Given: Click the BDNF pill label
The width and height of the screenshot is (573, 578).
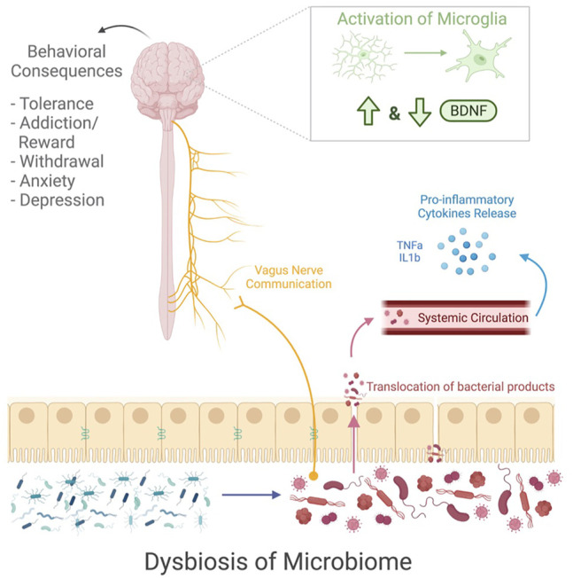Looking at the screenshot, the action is point(468,111).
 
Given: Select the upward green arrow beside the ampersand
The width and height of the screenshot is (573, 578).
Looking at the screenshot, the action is point(368,112).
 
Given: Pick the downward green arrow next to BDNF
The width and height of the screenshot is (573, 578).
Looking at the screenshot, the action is point(420,112).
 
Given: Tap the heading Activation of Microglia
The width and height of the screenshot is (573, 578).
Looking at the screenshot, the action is point(422,19).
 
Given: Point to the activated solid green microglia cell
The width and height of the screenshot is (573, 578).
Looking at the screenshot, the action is point(479,58).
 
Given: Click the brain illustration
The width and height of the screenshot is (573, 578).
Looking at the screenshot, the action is point(167,78).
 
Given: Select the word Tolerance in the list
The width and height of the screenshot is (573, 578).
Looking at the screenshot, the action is point(57,104).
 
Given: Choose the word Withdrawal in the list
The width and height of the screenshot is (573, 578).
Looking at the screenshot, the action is point(62,161).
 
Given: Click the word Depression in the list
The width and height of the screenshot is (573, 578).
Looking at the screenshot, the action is point(62,200).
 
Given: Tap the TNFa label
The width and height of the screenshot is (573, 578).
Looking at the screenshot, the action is point(409,246).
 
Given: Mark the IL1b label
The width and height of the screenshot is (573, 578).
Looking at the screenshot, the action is point(409,257).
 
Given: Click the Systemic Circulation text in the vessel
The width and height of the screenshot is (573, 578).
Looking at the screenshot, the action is point(473,317).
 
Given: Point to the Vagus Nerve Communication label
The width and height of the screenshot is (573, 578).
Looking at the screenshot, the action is point(289,277).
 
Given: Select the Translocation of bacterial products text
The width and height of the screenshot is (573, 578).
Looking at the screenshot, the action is point(461,387).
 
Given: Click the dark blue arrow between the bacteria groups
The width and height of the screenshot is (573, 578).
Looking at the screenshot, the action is point(252,495).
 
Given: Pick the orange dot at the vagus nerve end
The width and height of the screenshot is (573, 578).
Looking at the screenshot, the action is point(314,475).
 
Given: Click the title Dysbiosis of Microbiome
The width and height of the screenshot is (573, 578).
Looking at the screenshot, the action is point(278,561).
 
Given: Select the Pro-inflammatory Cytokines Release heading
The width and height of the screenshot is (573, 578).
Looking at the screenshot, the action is point(467,207).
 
